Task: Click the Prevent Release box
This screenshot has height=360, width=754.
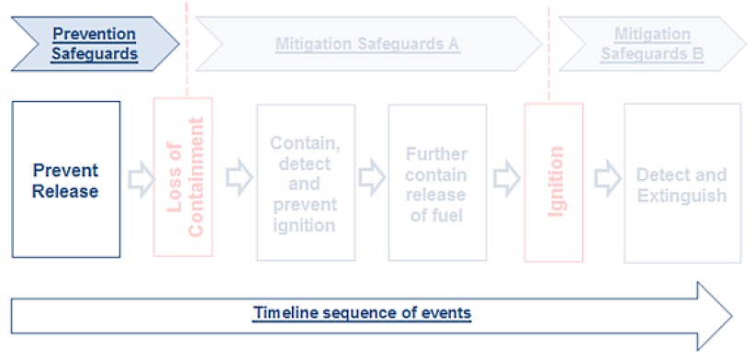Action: click(x=65, y=180)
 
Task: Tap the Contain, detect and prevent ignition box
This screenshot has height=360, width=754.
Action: click(x=306, y=183)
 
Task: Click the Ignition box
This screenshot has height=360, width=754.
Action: click(x=553, y=181)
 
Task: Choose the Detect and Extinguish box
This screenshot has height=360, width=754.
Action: click(x=681, y=183)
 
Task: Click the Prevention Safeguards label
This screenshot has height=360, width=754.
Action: click(x=95, y=43)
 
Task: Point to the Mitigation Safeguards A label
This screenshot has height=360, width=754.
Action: click(x=367, y=43)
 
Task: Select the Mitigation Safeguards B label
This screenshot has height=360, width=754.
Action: click(x=652, y=43)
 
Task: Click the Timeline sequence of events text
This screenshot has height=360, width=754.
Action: click(x=362, y=313)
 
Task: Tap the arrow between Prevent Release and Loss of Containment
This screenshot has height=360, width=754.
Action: click(x=139, y=180)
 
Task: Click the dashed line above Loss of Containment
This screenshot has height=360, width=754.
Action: click(x=186, y=51)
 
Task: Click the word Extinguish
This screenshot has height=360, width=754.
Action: click(x=681, y=196)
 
